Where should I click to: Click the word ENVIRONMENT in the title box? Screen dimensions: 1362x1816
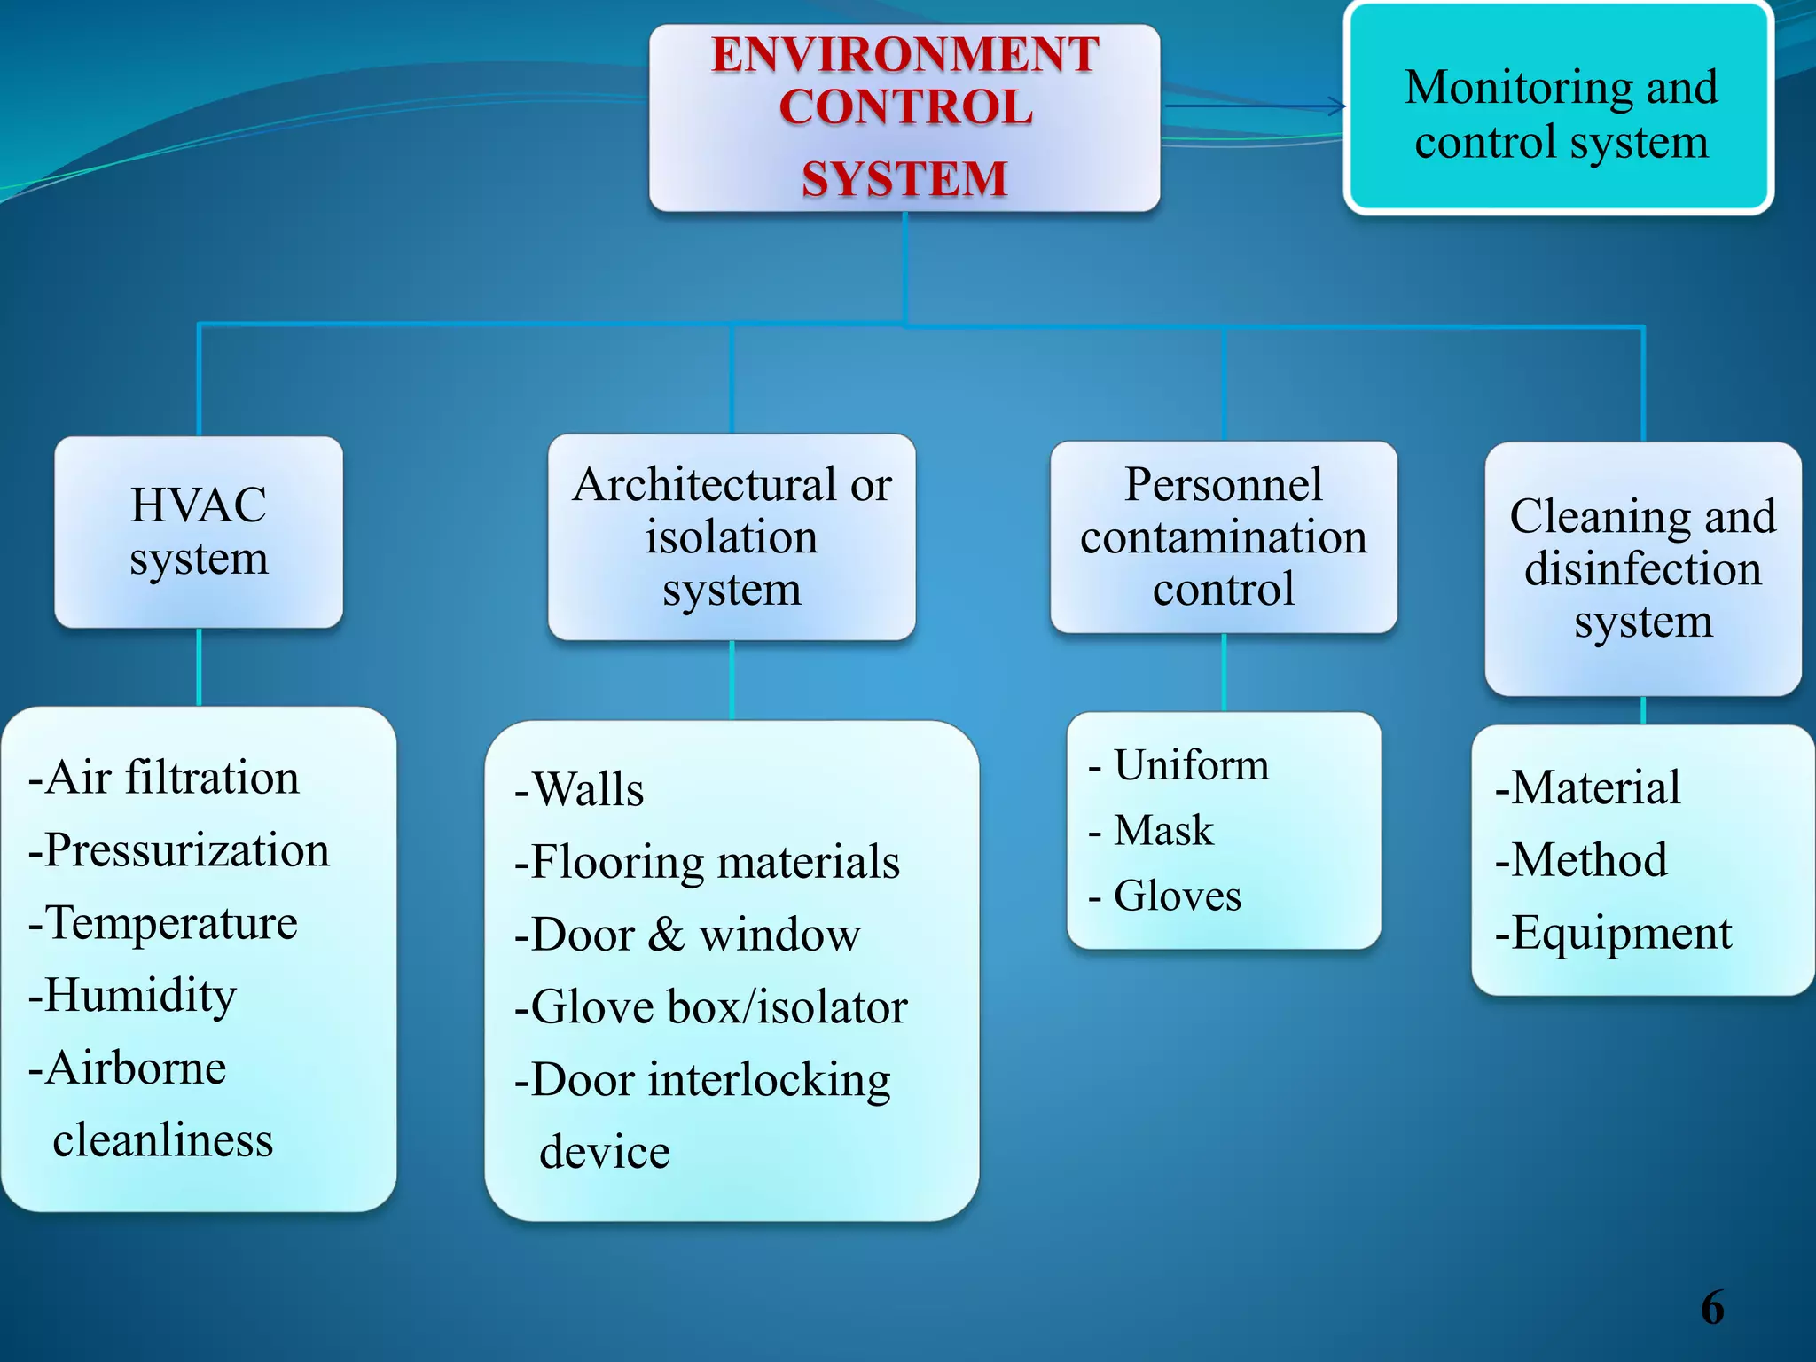904,55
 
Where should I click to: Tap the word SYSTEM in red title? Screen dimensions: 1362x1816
904,179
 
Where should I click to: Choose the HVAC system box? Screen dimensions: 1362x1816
199,532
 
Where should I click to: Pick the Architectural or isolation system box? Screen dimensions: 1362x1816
732,536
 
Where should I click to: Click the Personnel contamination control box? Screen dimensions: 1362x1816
1224,536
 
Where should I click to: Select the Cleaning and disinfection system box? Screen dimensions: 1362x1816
1643,568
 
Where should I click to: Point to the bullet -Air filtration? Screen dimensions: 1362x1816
164,778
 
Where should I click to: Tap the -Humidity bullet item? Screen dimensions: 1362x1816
133,996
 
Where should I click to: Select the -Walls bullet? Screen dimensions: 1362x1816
579,789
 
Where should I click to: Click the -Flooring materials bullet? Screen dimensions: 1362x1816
707,862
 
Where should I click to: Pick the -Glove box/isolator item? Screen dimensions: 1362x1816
711,1007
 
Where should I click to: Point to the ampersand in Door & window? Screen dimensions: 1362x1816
667,935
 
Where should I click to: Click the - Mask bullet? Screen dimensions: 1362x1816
1151,831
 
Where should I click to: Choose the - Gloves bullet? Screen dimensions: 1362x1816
1165,896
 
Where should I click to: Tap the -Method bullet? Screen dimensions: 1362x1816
1581,860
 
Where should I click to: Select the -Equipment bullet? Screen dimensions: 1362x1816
1613,933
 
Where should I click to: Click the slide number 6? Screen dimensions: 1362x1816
1712,1308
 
